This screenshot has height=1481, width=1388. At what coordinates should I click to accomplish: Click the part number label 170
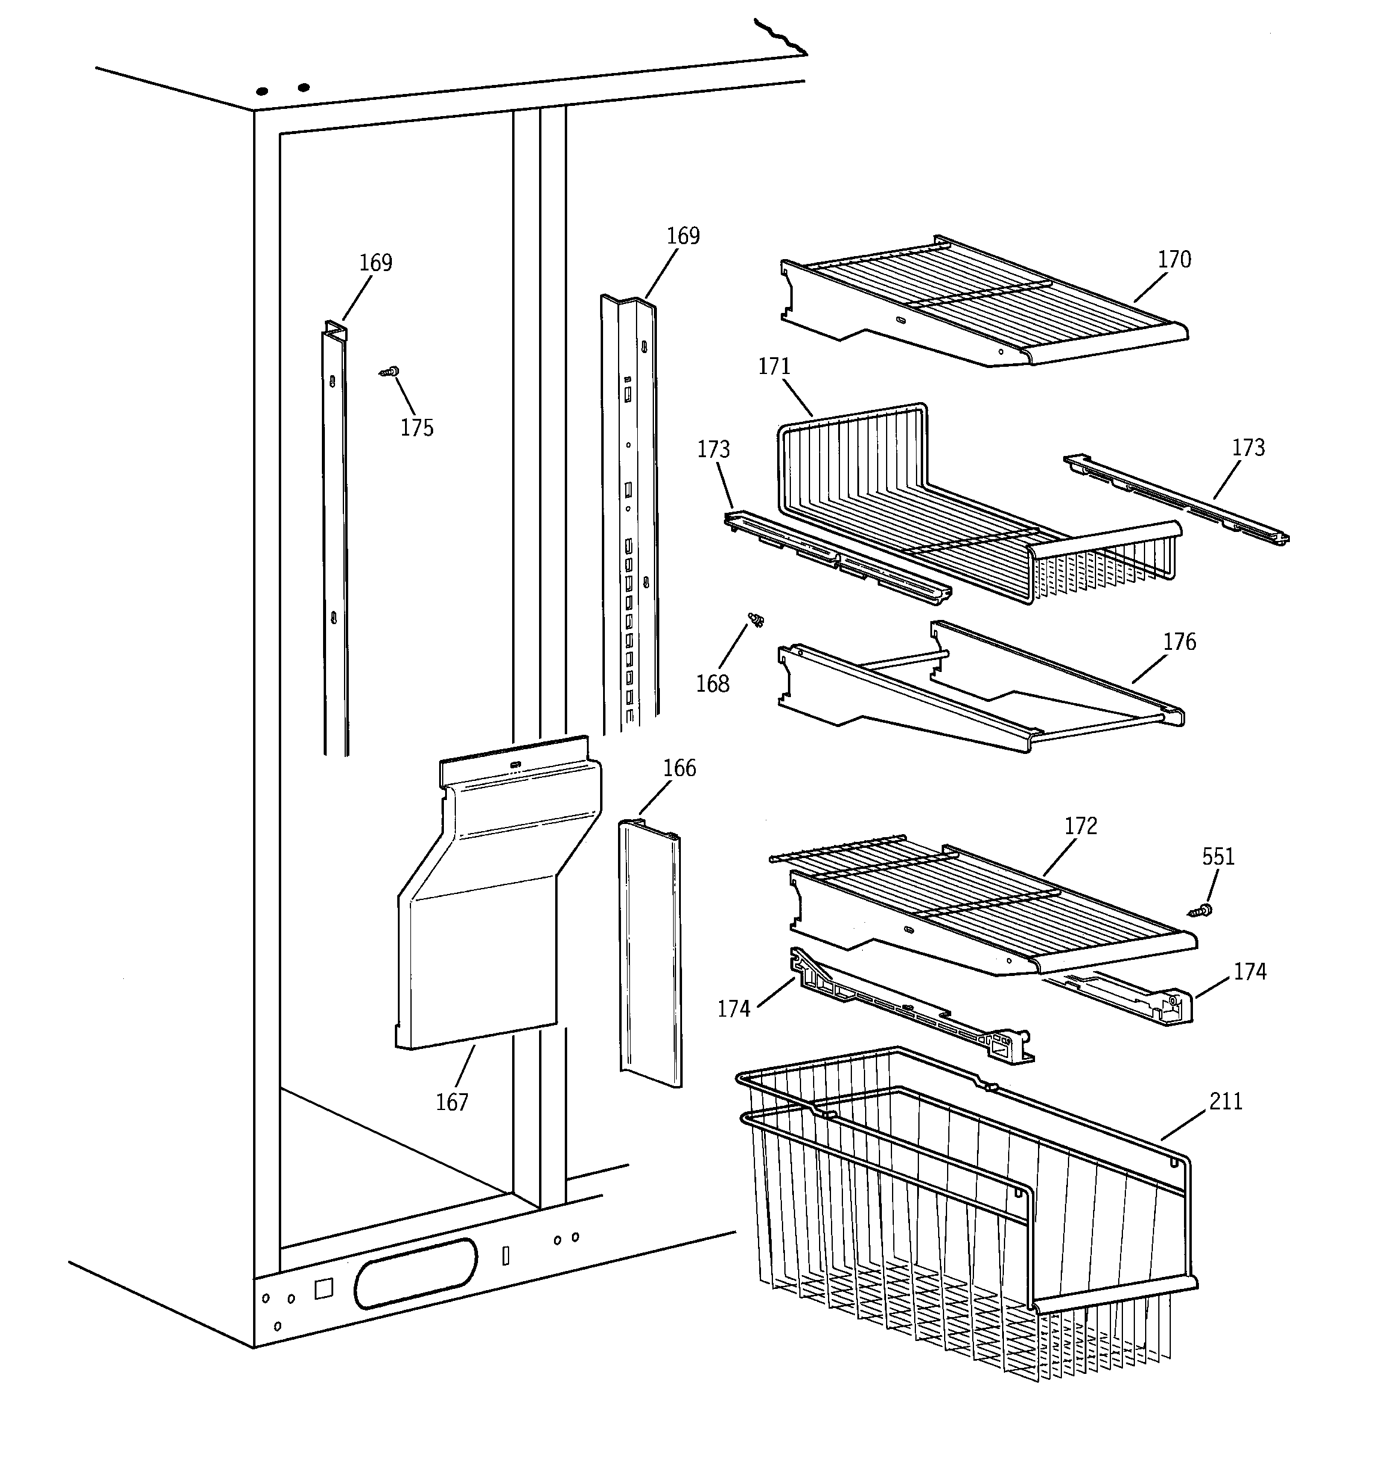(x=1174, y=259)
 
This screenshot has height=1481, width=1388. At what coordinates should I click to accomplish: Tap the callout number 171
(x=774, y=367)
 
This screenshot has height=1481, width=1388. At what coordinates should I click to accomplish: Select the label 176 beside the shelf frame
(x=1179, y=641)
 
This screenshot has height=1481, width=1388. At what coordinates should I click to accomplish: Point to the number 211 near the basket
(x=1226, y=1101)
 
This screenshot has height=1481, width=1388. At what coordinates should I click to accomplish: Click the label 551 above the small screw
(x=1218, y=857)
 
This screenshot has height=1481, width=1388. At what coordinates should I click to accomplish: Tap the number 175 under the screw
(x=416, y=428)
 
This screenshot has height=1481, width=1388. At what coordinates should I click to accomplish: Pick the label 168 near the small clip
(x=713, y=683)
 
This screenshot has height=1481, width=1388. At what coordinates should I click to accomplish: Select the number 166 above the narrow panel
(x=680, y=768)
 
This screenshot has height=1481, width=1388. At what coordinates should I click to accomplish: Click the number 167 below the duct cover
(x=452, y=1102)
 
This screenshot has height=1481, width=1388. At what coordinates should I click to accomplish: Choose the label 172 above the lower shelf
(x=1080, y=826)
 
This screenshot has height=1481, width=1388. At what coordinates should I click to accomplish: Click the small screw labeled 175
(x=389, y=371)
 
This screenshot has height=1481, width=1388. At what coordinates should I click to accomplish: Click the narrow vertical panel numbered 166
(x=650, y=954)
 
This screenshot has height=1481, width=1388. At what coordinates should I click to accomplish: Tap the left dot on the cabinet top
(x=262, y=92)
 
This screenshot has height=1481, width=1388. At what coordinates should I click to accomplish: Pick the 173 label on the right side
(x=1248, y=448)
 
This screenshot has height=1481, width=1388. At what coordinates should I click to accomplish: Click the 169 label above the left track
(x=376, y=263)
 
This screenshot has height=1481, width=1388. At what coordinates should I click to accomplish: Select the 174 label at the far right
(x=1249, y=971)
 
